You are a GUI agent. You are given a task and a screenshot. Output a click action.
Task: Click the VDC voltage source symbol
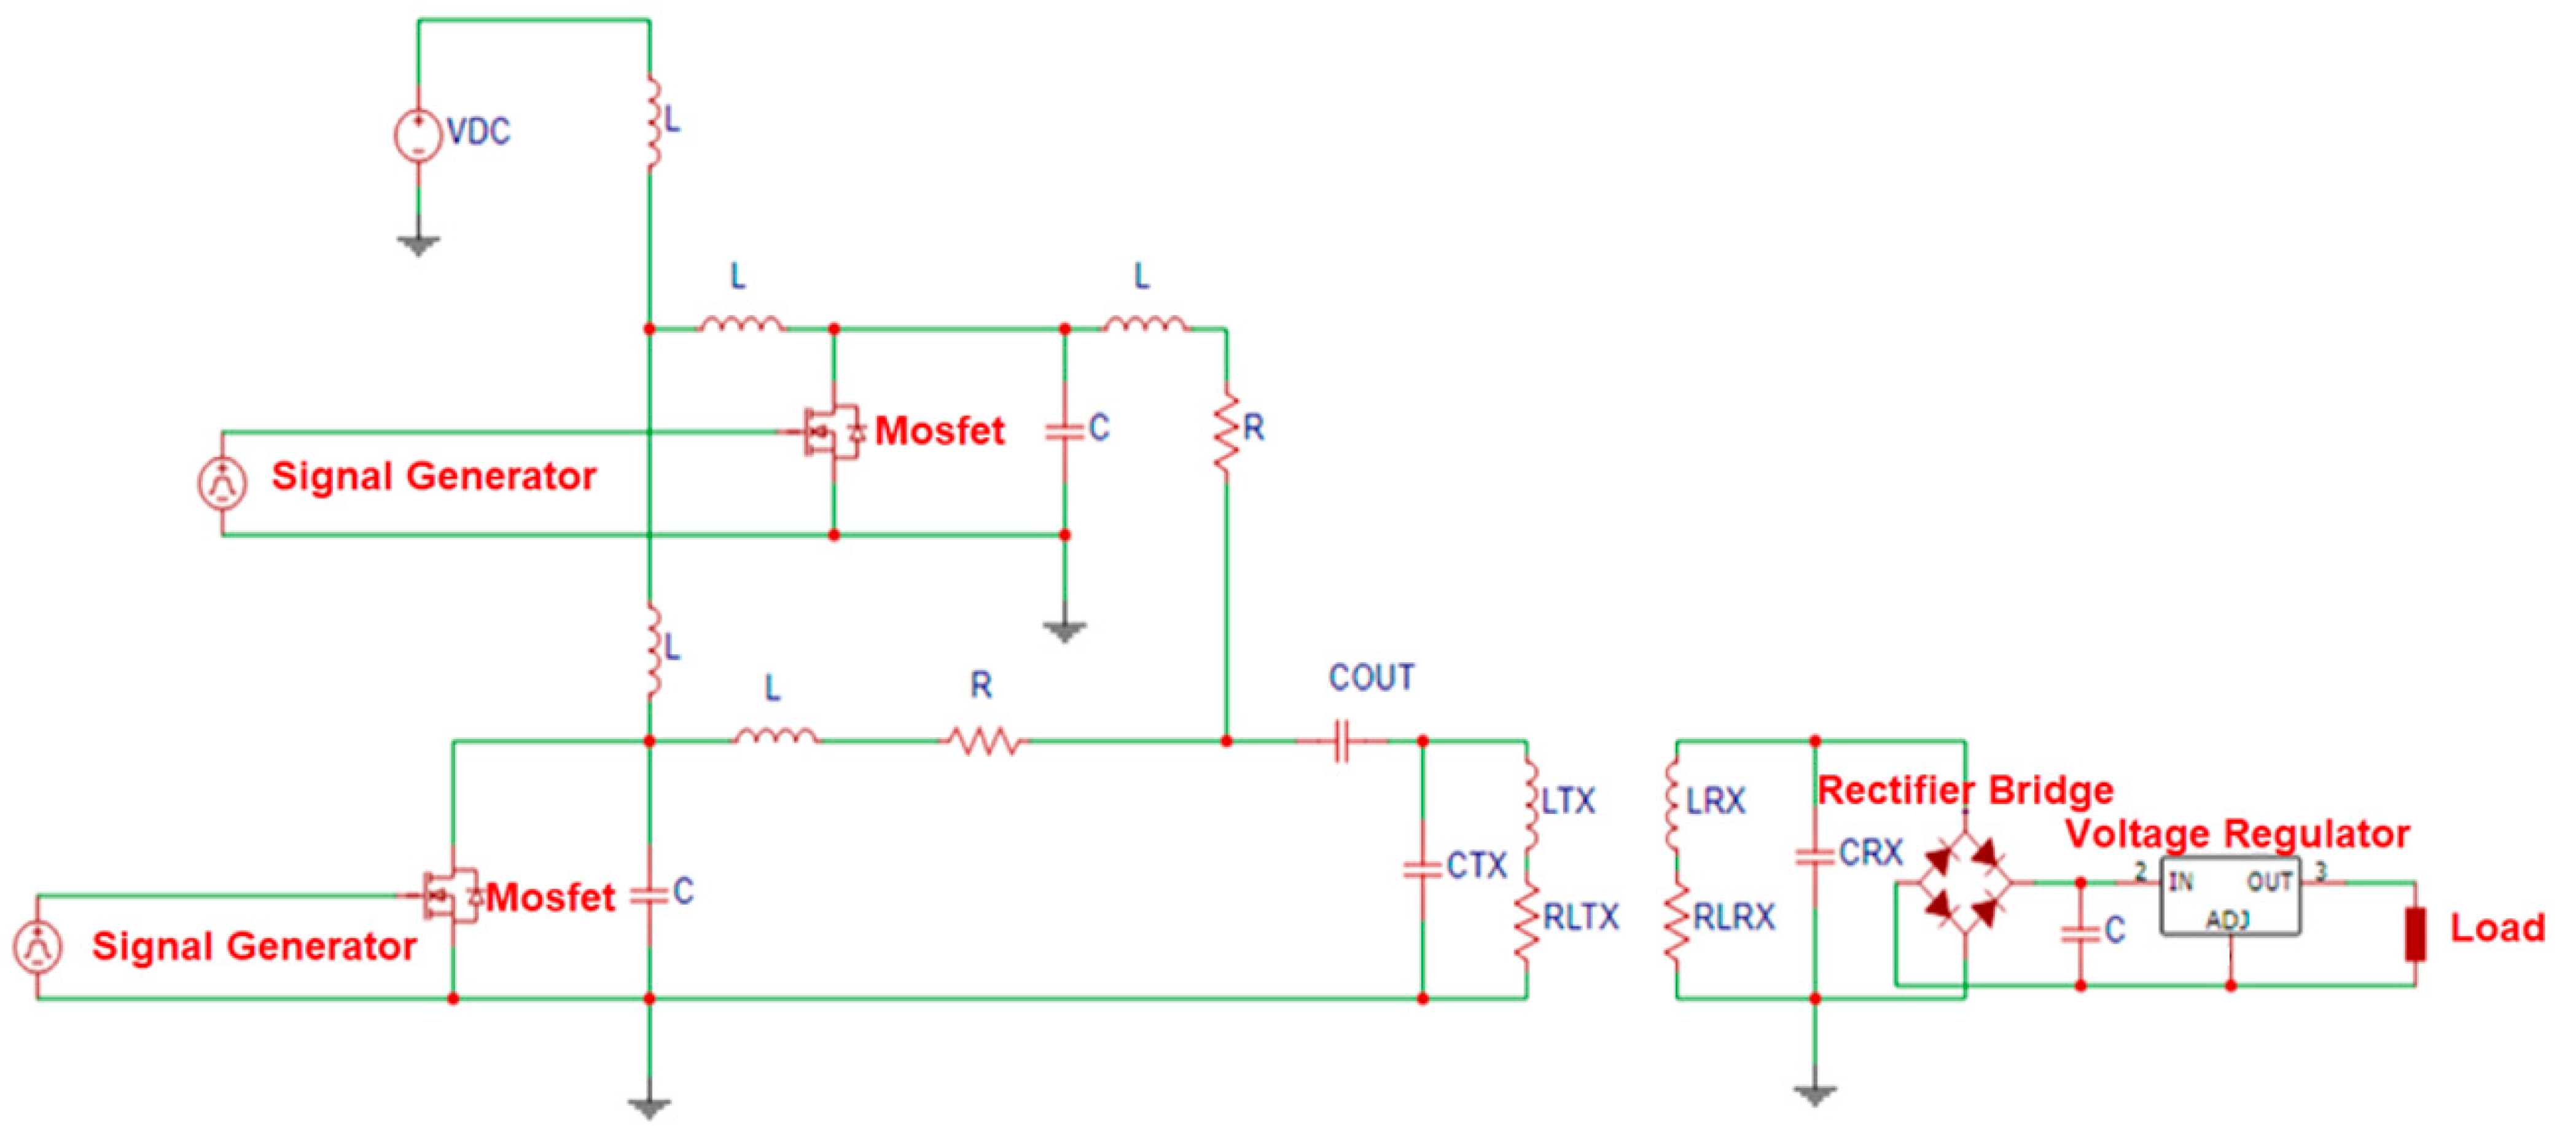tap(418, 135)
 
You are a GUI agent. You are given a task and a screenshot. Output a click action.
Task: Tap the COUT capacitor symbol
tap(1342, 741)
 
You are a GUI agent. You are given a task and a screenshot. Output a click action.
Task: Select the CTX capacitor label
tap(1476, 866)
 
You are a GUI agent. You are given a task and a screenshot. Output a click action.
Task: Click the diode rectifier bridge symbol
tap(1964, 882)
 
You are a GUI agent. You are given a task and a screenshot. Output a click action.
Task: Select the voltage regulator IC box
tap(2230, 897)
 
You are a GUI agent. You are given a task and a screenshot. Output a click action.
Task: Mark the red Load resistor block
tap(2415, 934)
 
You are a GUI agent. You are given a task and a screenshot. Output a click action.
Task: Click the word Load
tap(2496, 929)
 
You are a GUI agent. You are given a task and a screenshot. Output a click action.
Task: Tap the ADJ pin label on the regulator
tap(2227, 921)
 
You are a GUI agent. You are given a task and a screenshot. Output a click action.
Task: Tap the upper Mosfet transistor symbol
tap(832, 432)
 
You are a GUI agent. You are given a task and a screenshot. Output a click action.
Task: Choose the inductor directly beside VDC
tap(652, 123)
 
